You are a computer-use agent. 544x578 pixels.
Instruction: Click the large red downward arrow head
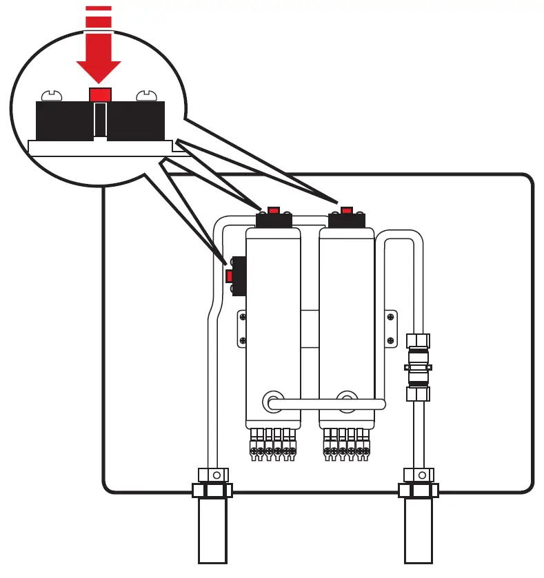point(99,70)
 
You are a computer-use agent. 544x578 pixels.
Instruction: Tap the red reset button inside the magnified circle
point(101,94)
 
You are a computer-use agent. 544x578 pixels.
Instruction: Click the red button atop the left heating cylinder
point(274,209)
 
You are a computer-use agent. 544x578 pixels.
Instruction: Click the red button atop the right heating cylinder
point(346,209)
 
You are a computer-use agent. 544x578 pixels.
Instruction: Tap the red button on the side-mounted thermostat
point(230,276)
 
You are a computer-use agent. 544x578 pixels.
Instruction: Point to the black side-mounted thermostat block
point(238,276)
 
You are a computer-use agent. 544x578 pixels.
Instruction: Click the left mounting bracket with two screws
point(242,329)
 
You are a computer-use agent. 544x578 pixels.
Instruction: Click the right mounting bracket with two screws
point(390,329)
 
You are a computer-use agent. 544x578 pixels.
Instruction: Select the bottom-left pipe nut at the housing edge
point(212,490)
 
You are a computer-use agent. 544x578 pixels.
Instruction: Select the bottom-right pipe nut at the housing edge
point(418,490)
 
